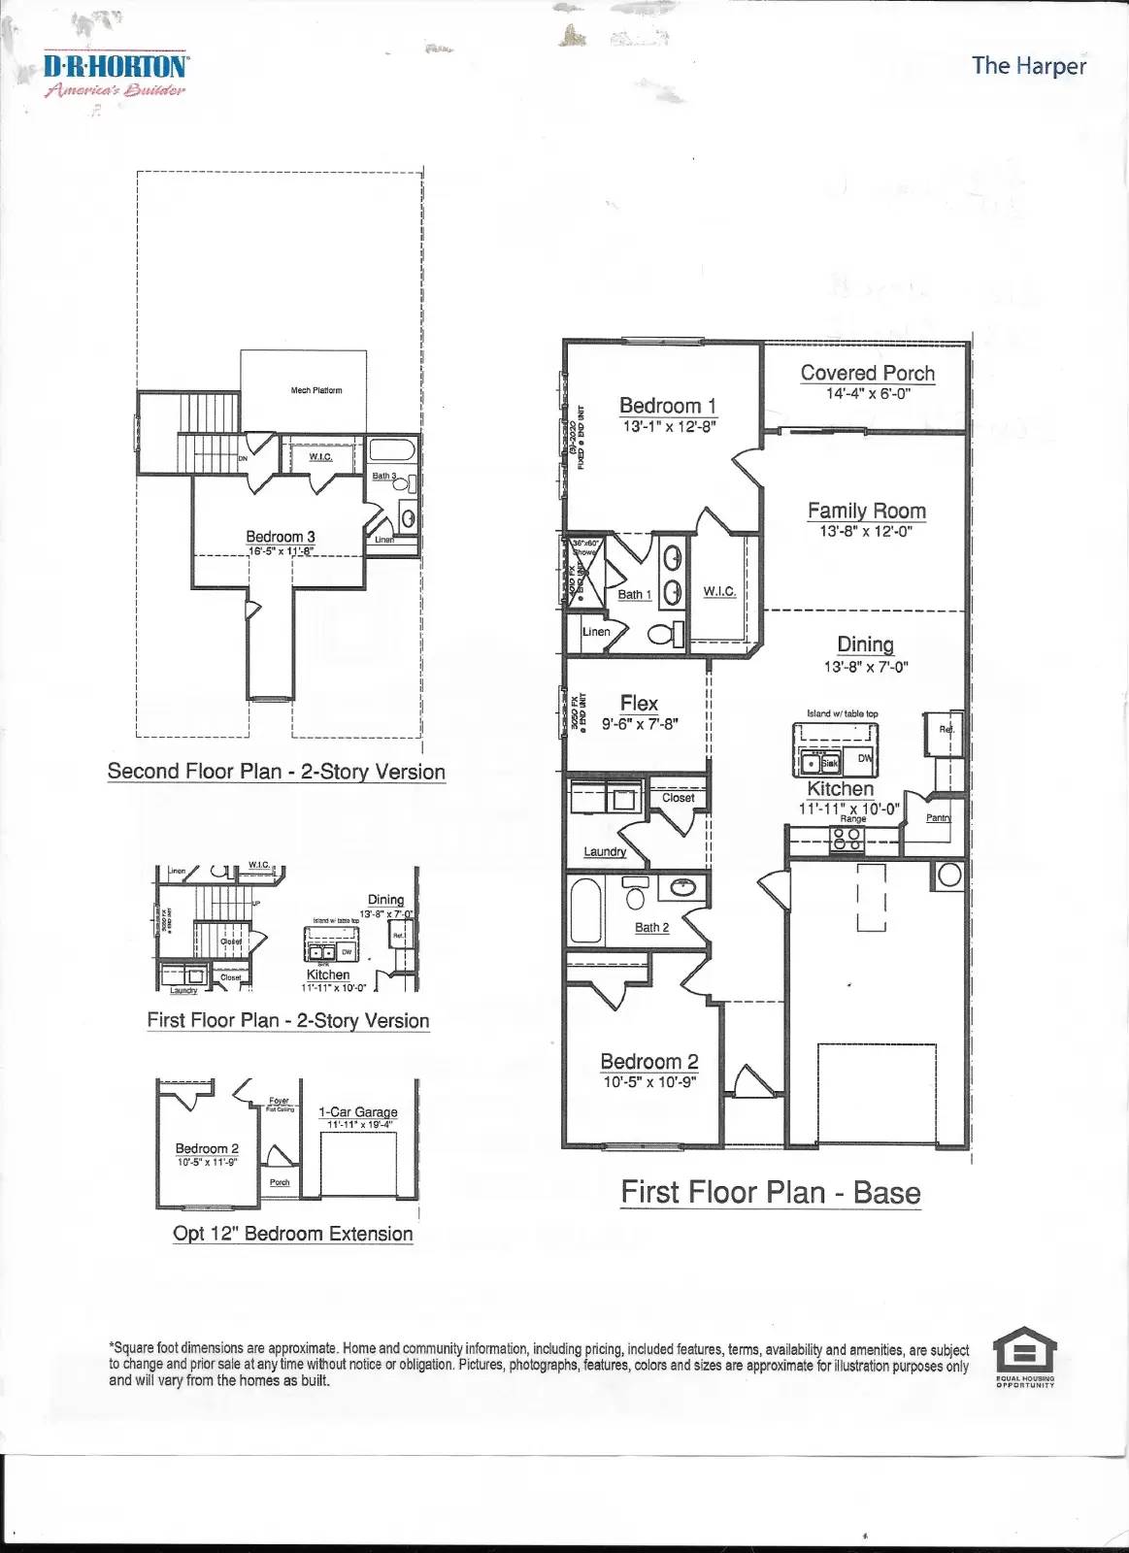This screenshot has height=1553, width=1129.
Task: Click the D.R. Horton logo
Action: click(x=115, y=74)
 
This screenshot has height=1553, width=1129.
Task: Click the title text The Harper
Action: click(x=1028, y=66)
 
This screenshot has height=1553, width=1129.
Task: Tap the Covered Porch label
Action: click(x=867, y=373)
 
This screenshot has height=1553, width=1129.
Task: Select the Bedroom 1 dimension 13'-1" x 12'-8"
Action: click(x=669, y=426)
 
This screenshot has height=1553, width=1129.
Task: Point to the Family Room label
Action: click(x=866, y=511)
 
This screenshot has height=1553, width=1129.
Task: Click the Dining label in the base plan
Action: click(x=865, y=644)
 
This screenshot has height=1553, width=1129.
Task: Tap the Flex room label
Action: click(x=639, y=703)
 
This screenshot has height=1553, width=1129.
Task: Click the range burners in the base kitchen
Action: click(x=847, y=839)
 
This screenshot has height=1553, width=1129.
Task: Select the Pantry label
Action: click(x=938, y=817)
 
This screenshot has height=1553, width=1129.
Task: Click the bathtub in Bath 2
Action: click(x=585, y=910)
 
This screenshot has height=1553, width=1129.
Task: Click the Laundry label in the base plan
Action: click(x=604, y=851)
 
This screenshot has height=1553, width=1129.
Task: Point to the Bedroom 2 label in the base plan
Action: click(x=648, y=1061)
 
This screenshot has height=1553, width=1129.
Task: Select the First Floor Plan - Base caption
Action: click(x=770, y=1192)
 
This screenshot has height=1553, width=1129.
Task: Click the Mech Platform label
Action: click(x=315, y=390)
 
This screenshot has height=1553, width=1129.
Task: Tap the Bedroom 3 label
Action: click(x=280, y=536)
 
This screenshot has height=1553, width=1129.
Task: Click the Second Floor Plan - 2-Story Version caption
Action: click(x=276, y=772)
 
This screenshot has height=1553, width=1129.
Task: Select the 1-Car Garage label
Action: click(x=357, y=1111)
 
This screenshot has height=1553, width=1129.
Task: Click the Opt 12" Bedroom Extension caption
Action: click(x=292, y=1234)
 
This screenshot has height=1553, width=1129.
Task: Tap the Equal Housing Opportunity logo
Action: click(x=1024, y=1355)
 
